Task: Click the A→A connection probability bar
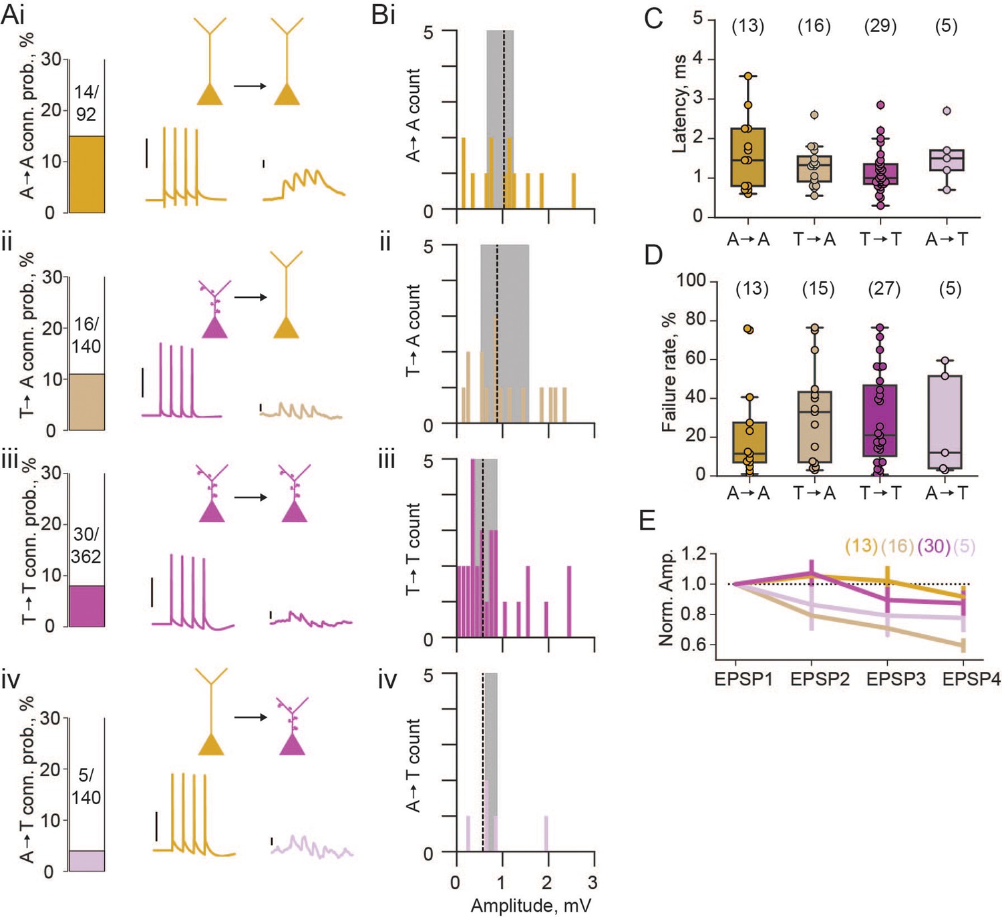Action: pos(86,174)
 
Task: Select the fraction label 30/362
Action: pos(86,546)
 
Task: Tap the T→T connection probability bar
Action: pos(86,606)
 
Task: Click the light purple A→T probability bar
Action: pos(86,860)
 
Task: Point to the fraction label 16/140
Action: pos(86,335)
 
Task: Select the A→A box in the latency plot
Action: pos(747,158)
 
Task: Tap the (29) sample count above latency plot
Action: pos(880,26)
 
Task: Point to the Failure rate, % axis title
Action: pos(669,372)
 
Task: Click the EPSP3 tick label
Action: pos(896,679)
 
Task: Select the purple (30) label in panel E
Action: pos(934,546)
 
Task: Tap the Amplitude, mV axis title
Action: pos(531,904)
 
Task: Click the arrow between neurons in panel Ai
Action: pos(251,86)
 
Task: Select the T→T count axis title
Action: pos(413,549)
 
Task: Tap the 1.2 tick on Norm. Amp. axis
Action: pos(693,554)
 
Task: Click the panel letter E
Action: pos(648,521)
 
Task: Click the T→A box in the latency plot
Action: pos(814,169)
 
